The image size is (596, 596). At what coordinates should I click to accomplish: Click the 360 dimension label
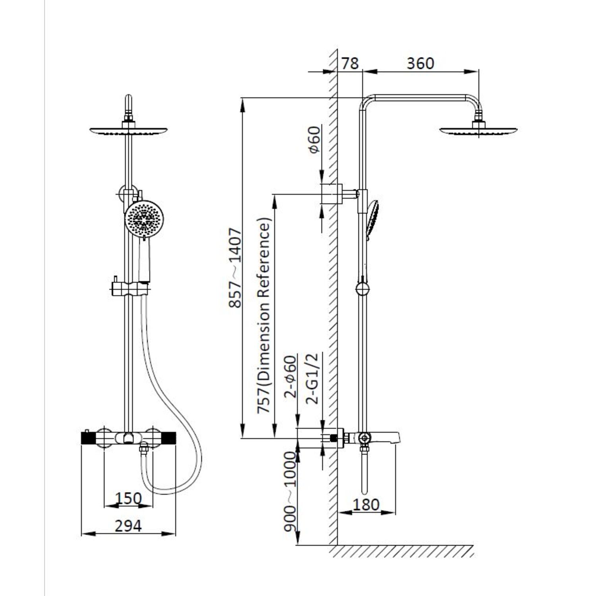tap(420, 64)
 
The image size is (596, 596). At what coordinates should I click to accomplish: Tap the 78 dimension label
tap(350, 64)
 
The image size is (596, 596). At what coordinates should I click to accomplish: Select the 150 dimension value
tap(128, 498)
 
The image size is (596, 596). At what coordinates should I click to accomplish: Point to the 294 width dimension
tap(128, 526)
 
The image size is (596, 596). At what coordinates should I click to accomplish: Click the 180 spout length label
tap(366, 505)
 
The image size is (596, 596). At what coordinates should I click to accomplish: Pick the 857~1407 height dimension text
tap(235, 267)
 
